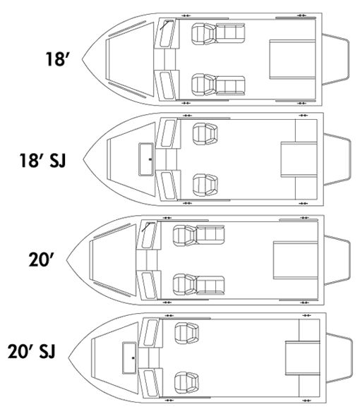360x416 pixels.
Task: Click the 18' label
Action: pyautogui.click(x=57, y=59)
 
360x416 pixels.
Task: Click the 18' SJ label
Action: pyautogui.click(x=42, y=160)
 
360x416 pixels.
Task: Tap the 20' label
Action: pyautogui.click(x=41, y=259)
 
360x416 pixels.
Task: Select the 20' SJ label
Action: pyautogui.click(x=31, y=351)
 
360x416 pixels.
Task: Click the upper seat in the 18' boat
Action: pyautogui.click(x=218, y=34)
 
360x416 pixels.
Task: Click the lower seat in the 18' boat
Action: pyautogui.click(x=218, y=85)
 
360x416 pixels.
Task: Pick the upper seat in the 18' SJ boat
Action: pyautogui.click(x=205, y=134)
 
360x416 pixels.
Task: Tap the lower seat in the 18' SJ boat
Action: pyautogui.click(x=205, y=185)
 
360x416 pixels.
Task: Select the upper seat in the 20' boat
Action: pyautogui.click(x=198, y=235)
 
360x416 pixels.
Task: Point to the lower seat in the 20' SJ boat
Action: pyautogui.click(x=186, y=382)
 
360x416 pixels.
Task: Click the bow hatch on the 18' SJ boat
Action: pyautogui.click(x=146, y=159)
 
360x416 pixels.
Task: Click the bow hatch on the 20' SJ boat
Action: pyautogui.click(x=129, y=358)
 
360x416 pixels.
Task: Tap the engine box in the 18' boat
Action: pyautogui.click(x=292, y=59)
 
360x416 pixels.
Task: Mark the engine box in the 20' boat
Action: pyautogui.click(x=296, y=260)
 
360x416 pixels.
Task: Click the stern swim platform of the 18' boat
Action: pyautogui.click(x=335, y=59)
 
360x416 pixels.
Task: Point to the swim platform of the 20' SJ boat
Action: pyautogui.click(x=340, y=358)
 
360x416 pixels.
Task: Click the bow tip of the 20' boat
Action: pyautogui.click(x=66, y=259)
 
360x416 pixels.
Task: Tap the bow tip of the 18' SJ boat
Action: pyautogui.click(x=83, y=159)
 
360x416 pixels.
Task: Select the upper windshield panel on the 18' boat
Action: pyautogui.click(x=167, y=33)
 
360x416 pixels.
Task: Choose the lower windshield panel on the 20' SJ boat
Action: pyautogui.click(x=150, y=383)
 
